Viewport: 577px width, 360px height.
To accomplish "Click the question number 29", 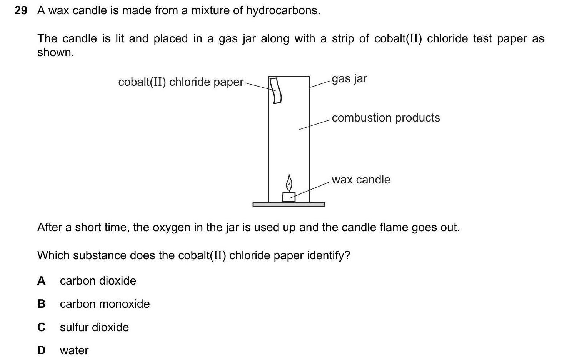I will pos(21,11).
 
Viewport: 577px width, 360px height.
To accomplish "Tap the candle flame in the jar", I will pos(289,183).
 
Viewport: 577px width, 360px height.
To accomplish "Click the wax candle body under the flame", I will pos(288,197).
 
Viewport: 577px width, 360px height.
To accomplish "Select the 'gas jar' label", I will pos(349,79).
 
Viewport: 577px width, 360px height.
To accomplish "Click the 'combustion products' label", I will pos(385,118).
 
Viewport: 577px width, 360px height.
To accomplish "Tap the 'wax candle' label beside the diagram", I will pos(361,180).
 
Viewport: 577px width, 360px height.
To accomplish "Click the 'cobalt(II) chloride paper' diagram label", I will pos(181,82).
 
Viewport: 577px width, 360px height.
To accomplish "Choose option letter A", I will pos(41,281).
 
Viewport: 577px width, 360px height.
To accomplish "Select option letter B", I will pos(41,304).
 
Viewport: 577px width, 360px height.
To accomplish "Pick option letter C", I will pos(41,327).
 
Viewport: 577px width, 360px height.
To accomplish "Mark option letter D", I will pos(41,350).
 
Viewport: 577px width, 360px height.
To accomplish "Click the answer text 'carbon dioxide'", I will pos(98,281).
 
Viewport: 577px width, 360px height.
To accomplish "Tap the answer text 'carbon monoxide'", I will pos(105,304).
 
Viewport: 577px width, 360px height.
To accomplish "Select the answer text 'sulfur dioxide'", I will pos(94,327).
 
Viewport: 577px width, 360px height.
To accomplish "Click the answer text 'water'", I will pos(74,350).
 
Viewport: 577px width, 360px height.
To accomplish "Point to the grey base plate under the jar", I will pos(288,204).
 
